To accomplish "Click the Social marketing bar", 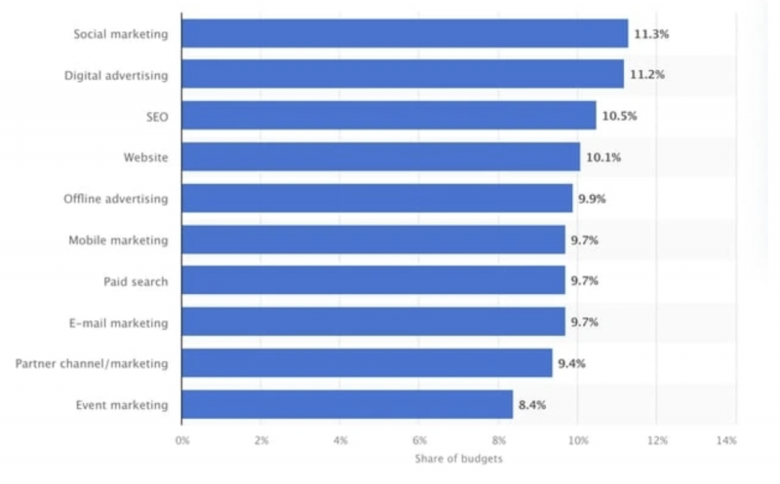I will point(405,34).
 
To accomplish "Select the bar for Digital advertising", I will point(403,75).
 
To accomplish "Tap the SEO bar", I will point(389,116).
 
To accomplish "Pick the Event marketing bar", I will point(347,404).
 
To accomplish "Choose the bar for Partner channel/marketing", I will point(367,363).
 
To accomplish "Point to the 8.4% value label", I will point(533,404).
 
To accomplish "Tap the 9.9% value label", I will point(593,199).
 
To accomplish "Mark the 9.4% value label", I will point(572,363).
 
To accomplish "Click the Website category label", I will point(146,158).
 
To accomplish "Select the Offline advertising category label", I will point(115,199).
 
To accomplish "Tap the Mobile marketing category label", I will point(118,241).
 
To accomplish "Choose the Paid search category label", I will point(136,281).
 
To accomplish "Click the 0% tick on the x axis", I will point(182,441).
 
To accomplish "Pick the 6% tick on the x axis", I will point(419,441).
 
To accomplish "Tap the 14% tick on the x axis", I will point(725,441).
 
